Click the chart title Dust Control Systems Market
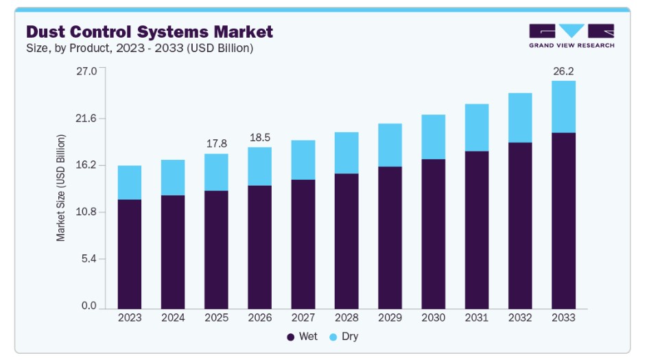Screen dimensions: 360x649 pos(149,32)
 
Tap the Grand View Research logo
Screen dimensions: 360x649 pos(571,36)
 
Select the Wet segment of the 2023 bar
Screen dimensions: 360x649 pos(130,254)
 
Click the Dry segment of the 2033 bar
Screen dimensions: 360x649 pos(563,106)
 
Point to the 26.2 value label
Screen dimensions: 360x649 pos(563,71)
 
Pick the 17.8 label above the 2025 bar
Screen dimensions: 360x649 pos(216,143)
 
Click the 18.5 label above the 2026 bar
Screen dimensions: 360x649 pos(259,137)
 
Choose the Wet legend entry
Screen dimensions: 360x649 pos(302,337)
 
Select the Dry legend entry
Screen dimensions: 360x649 pos(344,337)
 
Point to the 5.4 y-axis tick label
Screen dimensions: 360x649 pos(88,259)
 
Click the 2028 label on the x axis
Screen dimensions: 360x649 pos(346,317)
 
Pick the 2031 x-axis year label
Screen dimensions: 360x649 pos(476,317)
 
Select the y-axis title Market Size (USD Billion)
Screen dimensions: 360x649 pos(61,188)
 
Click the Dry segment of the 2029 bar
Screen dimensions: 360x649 pos(390,145)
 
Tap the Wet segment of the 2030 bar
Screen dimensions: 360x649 pos(433,233)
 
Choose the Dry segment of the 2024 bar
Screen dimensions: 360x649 pos(173,178)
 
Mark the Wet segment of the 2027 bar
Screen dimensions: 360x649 pos(303,243)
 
